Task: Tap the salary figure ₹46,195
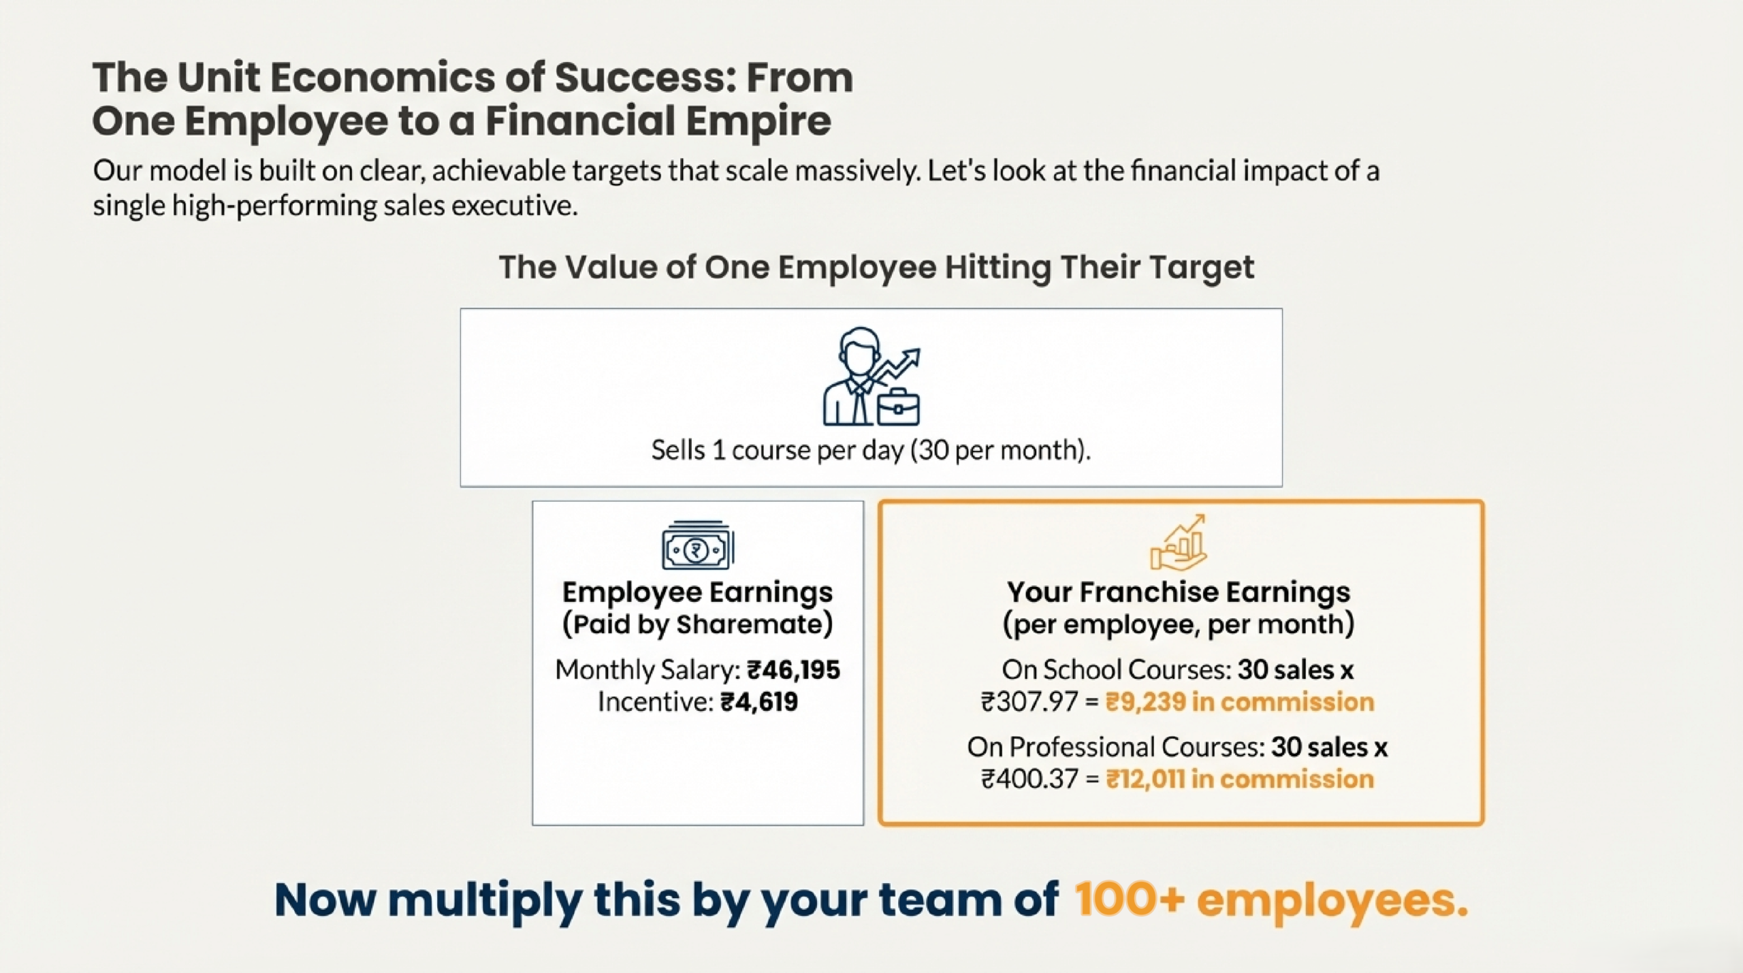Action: pyautogui.click(x=793, y=670)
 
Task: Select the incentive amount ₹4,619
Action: pyautogui.click(x=758, y=702)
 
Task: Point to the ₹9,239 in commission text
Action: pyautogui.click(x=1239, y=702)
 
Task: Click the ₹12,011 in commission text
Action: pyautogui.click(x=1239, y=779)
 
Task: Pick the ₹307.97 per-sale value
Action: pyautogui.click(x=1029, y=702)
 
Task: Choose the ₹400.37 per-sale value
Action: pyautogui.click(x=1029, y=779)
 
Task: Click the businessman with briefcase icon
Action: pyautogui.click(x=871, y=377)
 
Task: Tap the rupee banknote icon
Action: pyautogui.click(x=698, y=545)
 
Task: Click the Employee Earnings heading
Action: pyautogui.click(x=697, y=592)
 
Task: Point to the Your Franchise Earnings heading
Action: pyautogui.click(x=1179, y=592)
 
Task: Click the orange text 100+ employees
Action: pyautogui.click(x=1271, y=900)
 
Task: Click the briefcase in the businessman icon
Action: pyautogui.click(x=898, y=407)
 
